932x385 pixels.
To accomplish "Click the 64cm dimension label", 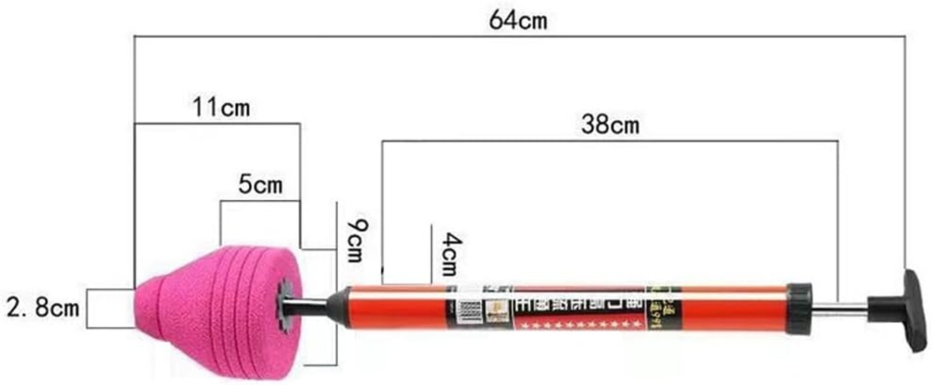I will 518,21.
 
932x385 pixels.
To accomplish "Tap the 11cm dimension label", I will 221,107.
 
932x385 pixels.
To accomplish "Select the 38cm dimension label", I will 610,125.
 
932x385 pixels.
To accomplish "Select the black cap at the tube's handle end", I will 799,309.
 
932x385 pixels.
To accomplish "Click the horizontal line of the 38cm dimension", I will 610,141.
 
